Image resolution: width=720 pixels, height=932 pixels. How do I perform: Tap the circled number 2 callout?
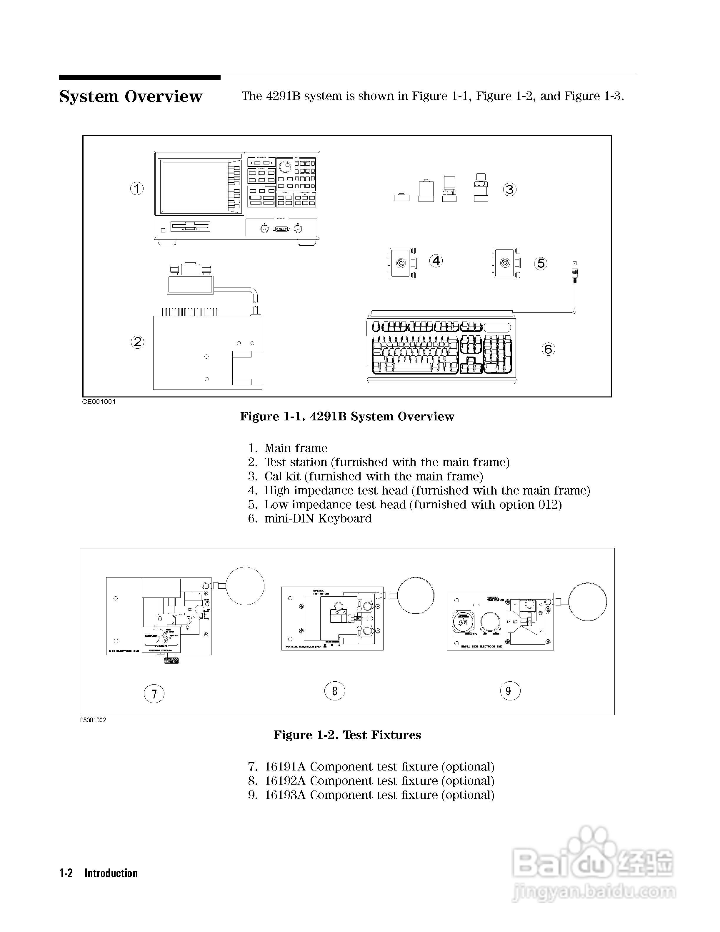[137, 342]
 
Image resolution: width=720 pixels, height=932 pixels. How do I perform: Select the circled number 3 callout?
[510, 189]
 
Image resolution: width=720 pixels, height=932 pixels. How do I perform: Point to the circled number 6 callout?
[549, 349]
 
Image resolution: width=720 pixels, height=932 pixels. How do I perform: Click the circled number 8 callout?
[335, 691]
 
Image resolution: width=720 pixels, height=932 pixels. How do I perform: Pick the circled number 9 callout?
[510, 691]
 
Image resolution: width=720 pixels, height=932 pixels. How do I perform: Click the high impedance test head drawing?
[401, 263]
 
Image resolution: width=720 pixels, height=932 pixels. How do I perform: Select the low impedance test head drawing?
[506, 263]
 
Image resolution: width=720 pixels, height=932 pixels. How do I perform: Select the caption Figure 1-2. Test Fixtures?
[347, 735]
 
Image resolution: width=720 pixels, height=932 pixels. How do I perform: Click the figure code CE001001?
[99, 402]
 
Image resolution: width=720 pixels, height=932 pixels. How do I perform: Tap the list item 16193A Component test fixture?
[379, 795]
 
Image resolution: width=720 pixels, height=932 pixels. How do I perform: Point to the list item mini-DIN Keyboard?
[318, 518]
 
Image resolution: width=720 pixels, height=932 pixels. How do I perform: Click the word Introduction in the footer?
[111, 873]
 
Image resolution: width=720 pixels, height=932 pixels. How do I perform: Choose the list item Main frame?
[296, 448]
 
